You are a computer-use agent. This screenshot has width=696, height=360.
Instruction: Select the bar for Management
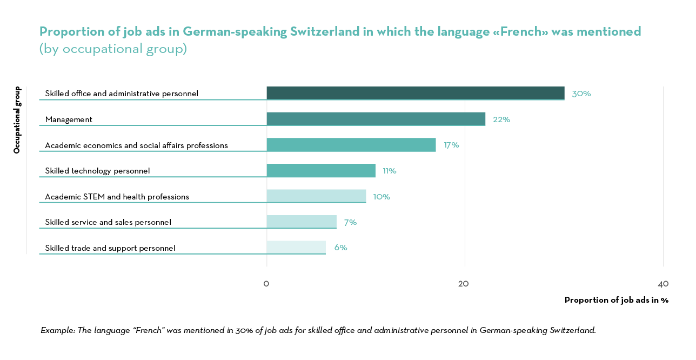[376, 119]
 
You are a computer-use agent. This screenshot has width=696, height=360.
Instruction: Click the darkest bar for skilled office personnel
[415, 93]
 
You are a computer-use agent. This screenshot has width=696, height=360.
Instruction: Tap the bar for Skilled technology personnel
[321, 170]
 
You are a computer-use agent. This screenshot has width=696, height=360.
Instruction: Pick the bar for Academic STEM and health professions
[316, 196]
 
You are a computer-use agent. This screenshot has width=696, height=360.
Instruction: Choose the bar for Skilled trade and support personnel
[296, 247]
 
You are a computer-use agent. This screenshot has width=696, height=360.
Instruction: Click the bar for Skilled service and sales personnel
[302, 222]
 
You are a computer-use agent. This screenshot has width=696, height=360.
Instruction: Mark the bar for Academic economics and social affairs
[351, 144]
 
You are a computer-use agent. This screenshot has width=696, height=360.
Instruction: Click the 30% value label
[581, 94]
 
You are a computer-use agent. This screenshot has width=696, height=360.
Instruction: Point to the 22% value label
[501, 119]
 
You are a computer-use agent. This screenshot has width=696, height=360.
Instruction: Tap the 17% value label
[451, 145]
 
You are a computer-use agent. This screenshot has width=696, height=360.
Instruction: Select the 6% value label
[340, 248]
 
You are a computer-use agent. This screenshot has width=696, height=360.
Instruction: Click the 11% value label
[390, 171]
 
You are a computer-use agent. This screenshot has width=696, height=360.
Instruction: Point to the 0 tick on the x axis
[266, 284]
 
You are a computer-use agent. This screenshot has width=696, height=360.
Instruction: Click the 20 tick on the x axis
[463, 284]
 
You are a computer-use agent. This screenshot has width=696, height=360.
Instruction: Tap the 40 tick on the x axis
[663, 284]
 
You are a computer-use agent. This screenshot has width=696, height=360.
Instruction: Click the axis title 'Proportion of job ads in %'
[616, 300]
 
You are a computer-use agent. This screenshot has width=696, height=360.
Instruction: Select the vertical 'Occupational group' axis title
[17, 119]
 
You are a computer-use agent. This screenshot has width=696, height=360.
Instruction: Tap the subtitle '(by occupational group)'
[113, 49]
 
